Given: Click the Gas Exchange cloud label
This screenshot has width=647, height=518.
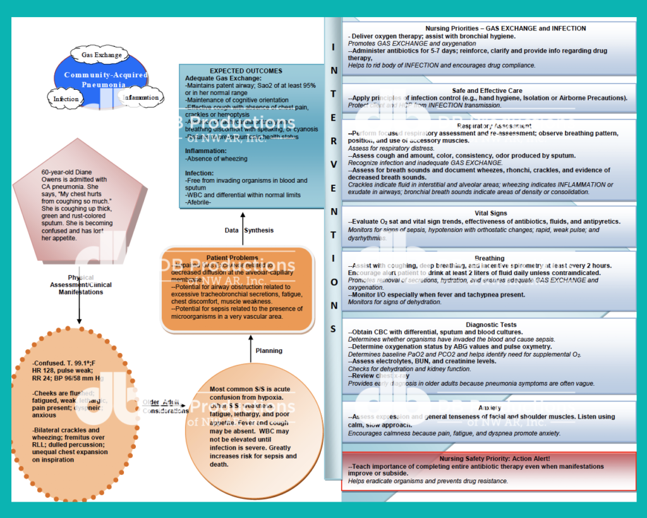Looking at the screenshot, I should (101, 55).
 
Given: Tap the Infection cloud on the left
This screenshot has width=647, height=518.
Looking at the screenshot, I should (66, 99).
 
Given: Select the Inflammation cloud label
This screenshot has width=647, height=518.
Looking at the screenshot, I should (140, 97).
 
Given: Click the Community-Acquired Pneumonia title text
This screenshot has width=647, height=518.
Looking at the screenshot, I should (106, 79).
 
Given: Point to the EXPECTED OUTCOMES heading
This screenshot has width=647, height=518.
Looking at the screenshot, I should (246, 71).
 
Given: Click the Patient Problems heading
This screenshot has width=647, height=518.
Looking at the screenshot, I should (236, 257).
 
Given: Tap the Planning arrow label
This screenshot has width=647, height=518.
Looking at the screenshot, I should (269, 350).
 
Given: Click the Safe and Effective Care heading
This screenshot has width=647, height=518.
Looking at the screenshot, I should (487, 90).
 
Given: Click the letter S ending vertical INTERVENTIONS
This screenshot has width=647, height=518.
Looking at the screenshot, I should (333, 328).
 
